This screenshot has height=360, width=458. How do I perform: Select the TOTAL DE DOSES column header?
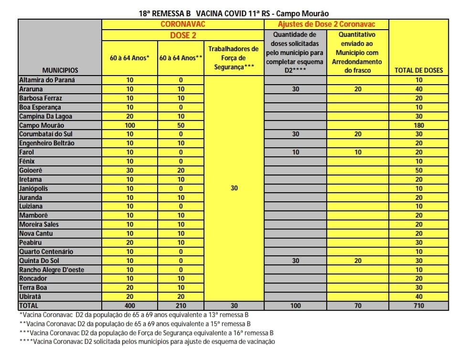pos(419,70)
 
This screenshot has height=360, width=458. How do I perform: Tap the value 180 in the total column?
pos(419,125)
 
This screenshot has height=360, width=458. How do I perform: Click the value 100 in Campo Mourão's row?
pos(129,125)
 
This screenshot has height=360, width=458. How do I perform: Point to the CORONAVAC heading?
pos(182,24)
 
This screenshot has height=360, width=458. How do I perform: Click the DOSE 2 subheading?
pos(182,35)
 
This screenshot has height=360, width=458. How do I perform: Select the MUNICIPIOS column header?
pos(60,70)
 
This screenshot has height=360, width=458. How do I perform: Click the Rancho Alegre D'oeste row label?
pos(52,270)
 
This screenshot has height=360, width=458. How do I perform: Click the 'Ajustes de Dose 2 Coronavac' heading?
pos(326,24)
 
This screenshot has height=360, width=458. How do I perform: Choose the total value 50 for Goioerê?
pos(419,170)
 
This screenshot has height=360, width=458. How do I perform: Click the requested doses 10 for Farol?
pos(295,152)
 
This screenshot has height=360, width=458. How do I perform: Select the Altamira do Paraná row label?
pos(47,80)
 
